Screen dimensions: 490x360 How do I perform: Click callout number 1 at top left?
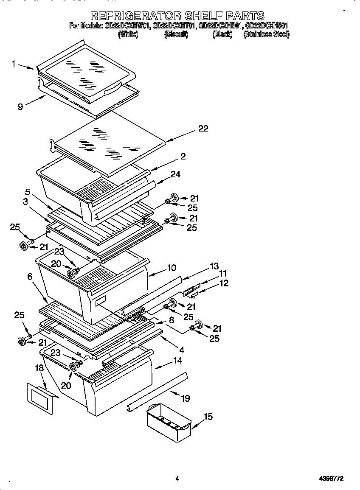pyautogui.click(x=14, y=64)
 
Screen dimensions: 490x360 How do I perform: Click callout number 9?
pyautogui.click(x=20, y=106)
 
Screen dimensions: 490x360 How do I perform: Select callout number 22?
pyautogui.click(x=203, y=128)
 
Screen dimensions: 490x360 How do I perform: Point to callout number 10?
pyautogui.click(x=172, y=268)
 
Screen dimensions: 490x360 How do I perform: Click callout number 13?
pyautogui.click(x=214, y=266)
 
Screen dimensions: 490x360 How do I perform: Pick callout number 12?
pyautogui.click(x=224, y=283)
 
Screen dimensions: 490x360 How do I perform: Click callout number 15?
pyautogui.click(x=208, y=417)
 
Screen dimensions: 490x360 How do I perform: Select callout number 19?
pyautogui.click(x=185, y=398)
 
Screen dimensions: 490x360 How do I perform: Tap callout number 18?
pyautogui.click(x=39, y=368)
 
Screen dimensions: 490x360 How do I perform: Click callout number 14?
pyautogui.click(x=177, y=361)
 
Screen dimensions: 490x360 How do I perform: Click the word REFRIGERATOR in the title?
pyautogui.click(x=135, y=16)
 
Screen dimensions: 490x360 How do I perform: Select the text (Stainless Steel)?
pyautogui.click(x=266, y=34)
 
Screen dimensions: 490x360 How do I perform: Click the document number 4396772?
pyautogui.click(x=331, y=479)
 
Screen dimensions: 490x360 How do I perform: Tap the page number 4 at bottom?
pyautogui.click(x=177, y=479)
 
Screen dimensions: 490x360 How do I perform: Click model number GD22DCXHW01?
pyautogui.click(x=127, y=26)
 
